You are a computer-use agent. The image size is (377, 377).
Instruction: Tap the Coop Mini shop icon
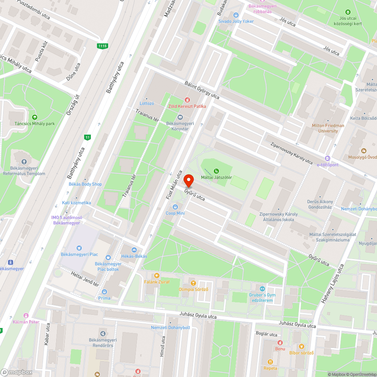pyautogui.click(x=175, y=207)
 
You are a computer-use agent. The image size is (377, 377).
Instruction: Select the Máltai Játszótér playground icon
pyautogui.click(x=216, y=171)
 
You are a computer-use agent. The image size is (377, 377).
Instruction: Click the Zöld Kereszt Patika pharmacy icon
pyautogui.click(x=187, y=100)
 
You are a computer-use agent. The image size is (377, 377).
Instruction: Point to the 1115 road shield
pyautogui.click(x=102, y=46)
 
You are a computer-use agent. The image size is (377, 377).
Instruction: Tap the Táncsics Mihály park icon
pyautogui.click(x=35, y=117)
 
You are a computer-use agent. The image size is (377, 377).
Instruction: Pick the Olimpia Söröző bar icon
pyautogui.click(x=193, y=283)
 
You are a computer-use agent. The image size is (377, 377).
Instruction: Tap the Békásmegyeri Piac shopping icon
pyautogui.click(x=79, y=248)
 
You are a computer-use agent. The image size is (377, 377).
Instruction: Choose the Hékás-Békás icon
pyautogui.click(x=134, y=250)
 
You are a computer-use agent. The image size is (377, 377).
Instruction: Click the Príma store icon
pyautogui.click(x=104, y=292)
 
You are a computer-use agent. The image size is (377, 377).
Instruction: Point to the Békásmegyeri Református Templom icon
pyautogui.click(x=24, y=162)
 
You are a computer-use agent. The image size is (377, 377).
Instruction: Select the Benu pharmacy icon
pyautogui.click(x=280, y=343)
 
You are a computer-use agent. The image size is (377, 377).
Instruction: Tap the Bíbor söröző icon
pyautogui.click(x=301, y=346)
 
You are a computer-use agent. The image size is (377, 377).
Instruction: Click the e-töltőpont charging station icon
pyautogui.click(x=328, y=159)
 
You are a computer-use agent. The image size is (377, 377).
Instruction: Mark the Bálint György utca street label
pyautogui.click(x=202, y=90)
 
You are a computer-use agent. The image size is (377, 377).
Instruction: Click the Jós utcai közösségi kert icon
pyautogui.click(x=348, y=12)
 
